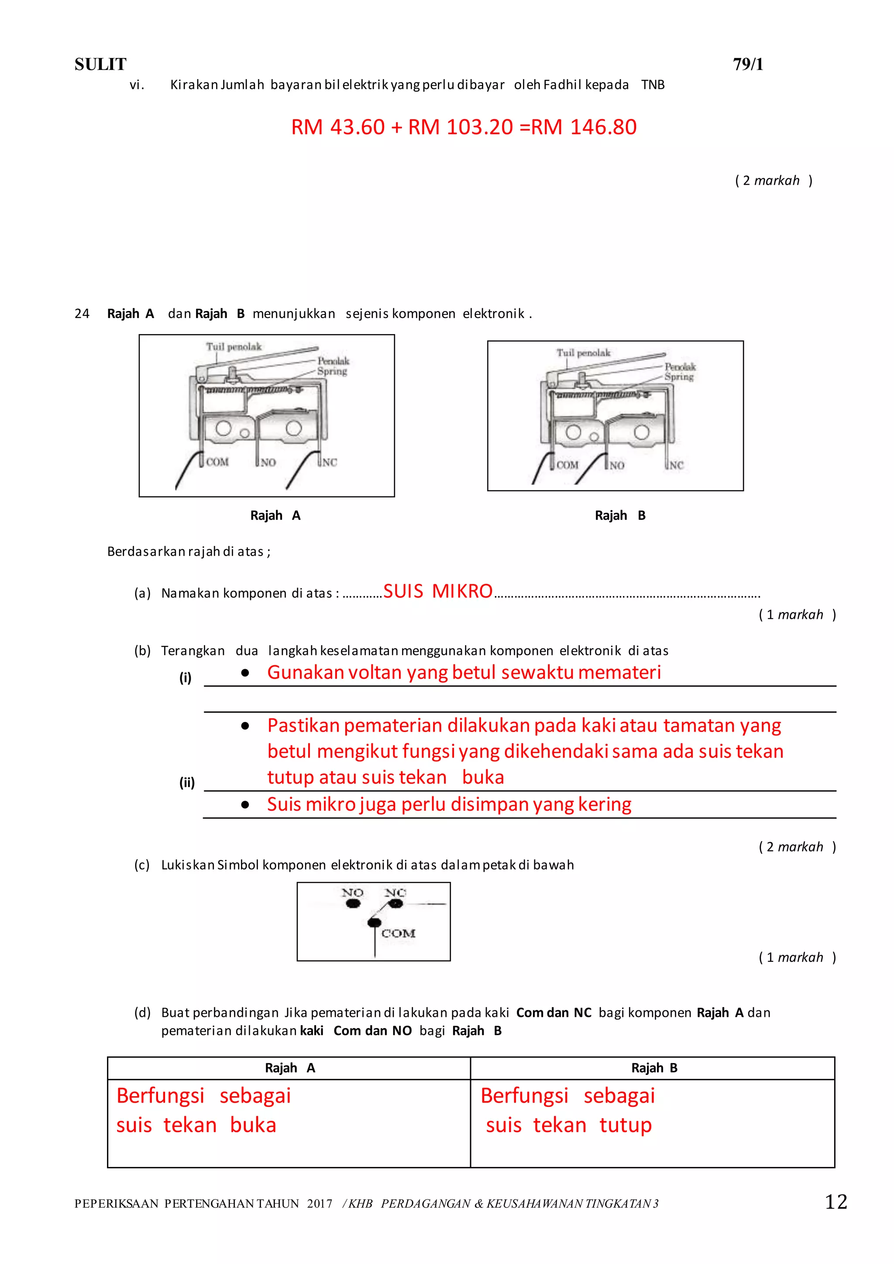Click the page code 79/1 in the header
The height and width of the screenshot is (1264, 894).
(748, 65)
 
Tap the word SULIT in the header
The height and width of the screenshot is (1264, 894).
(100, 65)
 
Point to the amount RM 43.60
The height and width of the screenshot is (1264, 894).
(337, 127)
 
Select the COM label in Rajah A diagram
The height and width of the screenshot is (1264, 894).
(217, 462)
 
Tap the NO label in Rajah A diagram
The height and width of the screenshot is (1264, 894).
(268, 463)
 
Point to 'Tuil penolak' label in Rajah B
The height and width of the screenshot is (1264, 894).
(584, 352)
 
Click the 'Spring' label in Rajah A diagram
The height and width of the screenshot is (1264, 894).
(332, 371)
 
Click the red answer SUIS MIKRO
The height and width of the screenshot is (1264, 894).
(438, 591)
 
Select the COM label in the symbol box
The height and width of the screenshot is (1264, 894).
(398, 933)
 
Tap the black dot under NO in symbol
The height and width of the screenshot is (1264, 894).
(353, 903)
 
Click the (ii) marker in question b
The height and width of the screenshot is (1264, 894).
(187, 783)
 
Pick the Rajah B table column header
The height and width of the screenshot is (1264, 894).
(653, 1068)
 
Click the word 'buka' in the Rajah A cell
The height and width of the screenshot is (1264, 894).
(253, 1125)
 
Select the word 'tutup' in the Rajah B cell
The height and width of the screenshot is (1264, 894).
(626, 1125)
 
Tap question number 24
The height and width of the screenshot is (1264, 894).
(82, 314)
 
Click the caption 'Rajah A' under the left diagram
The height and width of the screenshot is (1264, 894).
(275, 515)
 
